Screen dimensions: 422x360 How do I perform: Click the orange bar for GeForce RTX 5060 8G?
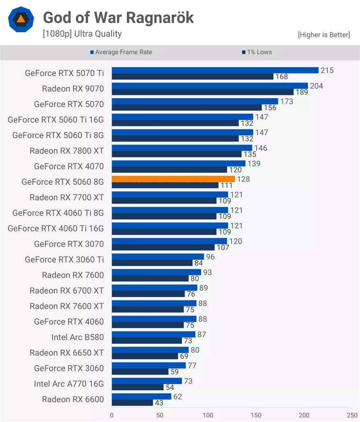pyautogui.click(x=173, y=179)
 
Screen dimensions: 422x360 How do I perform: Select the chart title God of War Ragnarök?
pyautogui.click(x=118, y=18)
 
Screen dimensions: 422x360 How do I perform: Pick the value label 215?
pyautogui.click(x=327, y=70)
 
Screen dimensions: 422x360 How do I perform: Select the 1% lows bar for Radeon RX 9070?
pyautogui.click(x=202, y=92)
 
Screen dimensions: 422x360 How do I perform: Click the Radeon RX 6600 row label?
pyautogui.click(x=73, y=399)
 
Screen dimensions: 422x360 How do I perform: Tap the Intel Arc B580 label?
pyautogui.click(x=77, y=337)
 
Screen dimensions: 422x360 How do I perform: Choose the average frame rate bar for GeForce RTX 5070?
pyautogui.click(x=195, y=101)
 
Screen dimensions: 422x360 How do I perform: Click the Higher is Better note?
pyautogui.click(x=324, y=35)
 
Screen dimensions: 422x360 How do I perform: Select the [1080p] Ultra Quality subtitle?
pyautogui.click(x=82, y=34)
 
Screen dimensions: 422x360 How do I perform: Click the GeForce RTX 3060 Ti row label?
pyautogui.click(x=64, y=259)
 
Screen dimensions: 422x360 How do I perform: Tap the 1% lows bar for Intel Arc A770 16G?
pyautogui.click(x=138, y=387)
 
